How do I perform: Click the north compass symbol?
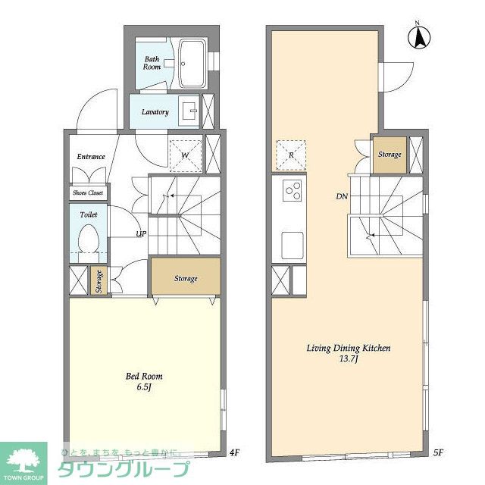tap(419, 38)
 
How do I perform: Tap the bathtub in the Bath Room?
tap(192, 64)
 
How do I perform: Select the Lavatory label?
tap(155, 112)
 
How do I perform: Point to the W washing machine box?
tap(186, 156)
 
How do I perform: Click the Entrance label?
tap(91, 157)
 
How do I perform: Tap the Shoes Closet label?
tap(88, 192)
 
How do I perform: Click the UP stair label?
tap(142, 234)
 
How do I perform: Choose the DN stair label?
tap(342, 196)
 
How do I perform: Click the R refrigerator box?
tap(291, 155)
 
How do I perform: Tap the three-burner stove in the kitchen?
tap(293, 190)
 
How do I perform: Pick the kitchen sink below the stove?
tap(293, 246)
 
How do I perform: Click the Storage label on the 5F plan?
tap(390, 155)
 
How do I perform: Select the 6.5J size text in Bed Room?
tap(144, 387)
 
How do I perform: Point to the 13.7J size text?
tap(349, 359)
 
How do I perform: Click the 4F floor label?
tap(235, 452)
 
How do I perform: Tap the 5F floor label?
tap(439, 452)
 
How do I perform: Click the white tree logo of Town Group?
tap(23, 460)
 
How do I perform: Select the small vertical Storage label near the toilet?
tap(99, 282)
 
